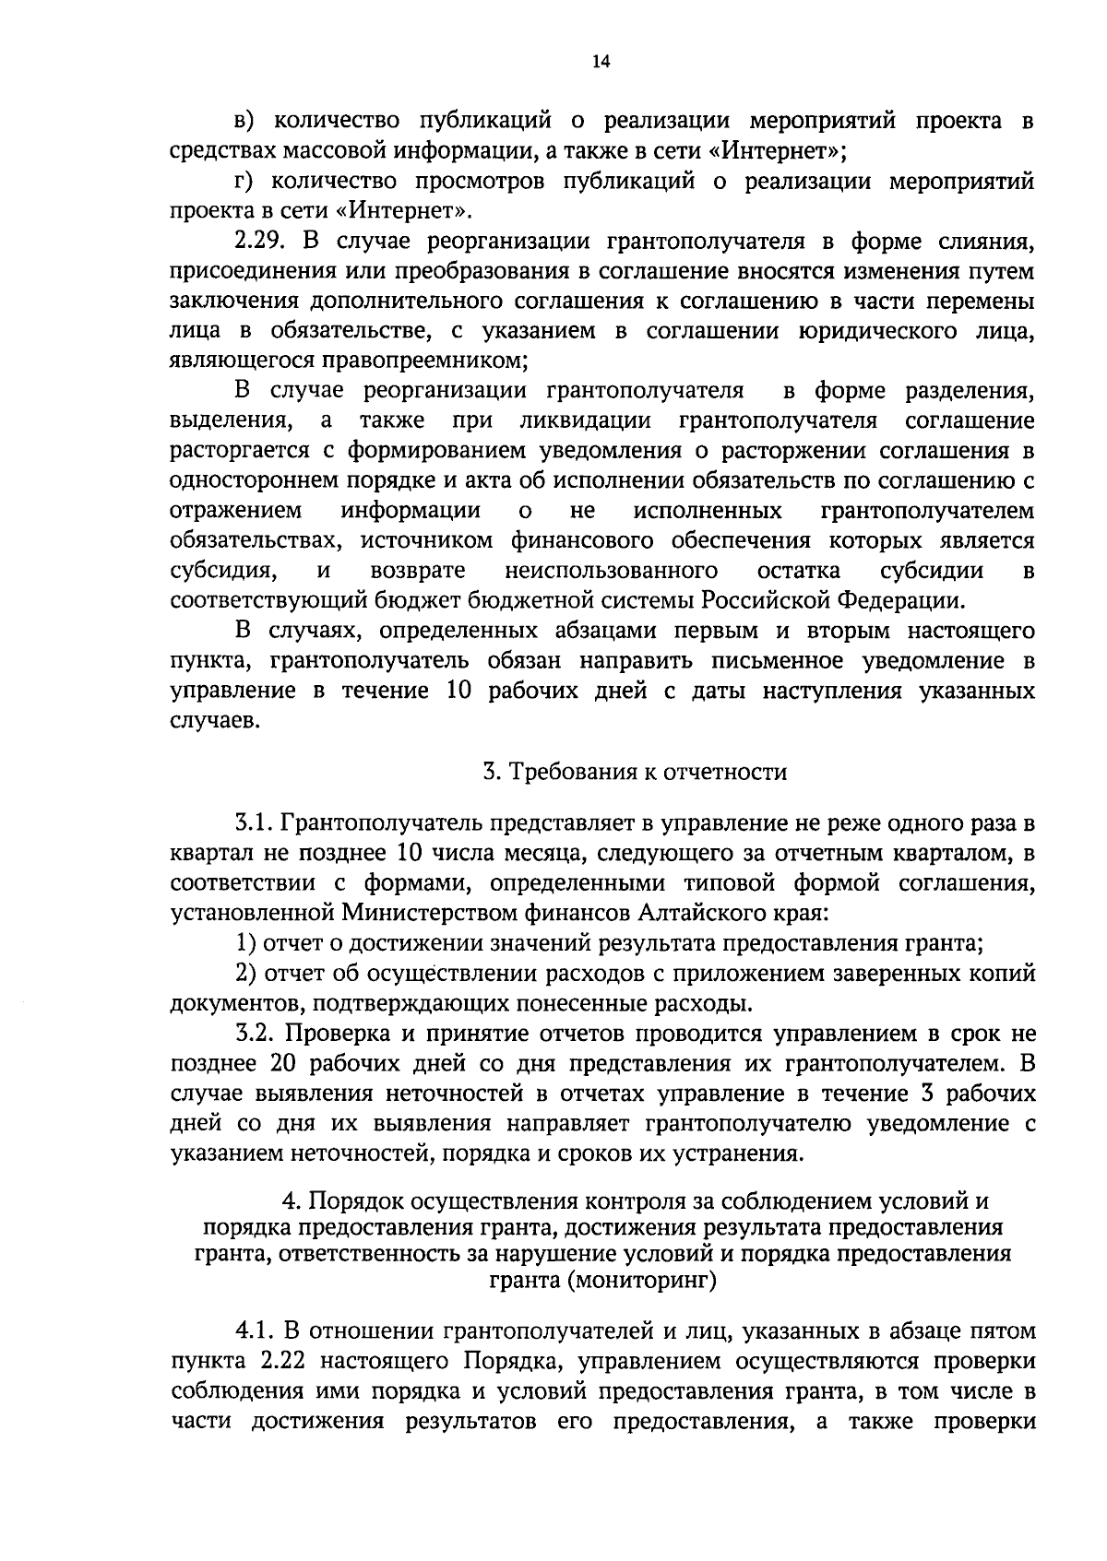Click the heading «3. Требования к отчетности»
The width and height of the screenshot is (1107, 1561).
tap(636, 772)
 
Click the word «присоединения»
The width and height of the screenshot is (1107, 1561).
tap(251, 272)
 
